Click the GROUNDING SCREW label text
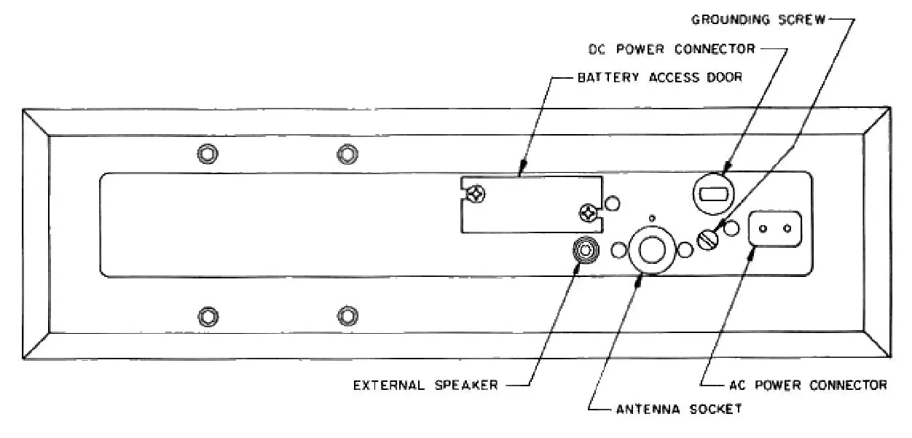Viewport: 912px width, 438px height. [758, 20]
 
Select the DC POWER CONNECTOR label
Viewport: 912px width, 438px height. [671, 50]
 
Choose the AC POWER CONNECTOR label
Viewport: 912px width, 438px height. [807, 385]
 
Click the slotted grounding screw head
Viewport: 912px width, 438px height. [708, 239]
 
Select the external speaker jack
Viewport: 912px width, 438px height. [586, 250]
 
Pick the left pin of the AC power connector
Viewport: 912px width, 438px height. [763, 228]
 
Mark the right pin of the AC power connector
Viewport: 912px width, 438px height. [787, 228]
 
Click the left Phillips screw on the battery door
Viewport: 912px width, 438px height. [476, 194]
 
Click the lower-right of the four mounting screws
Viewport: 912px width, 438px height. [347, 316]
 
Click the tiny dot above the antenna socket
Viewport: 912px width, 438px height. [651, 217]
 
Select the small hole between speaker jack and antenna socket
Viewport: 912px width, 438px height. [618, 251]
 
